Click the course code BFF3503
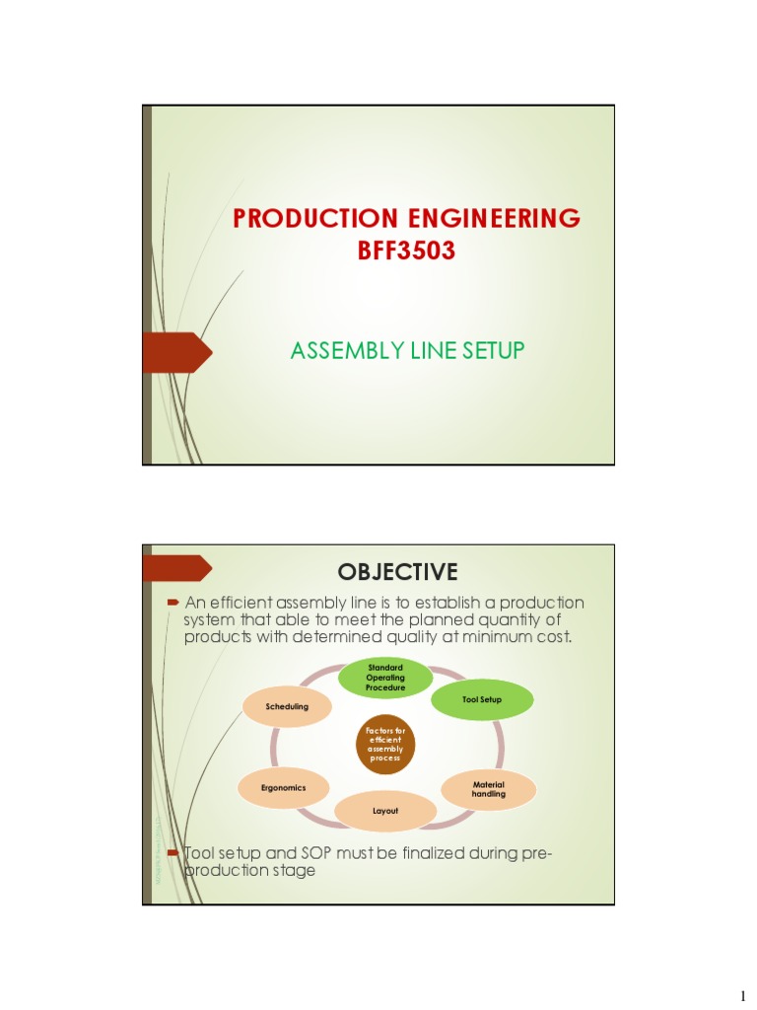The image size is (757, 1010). click(406, 251)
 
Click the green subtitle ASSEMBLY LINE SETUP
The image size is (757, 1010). click(406, 350)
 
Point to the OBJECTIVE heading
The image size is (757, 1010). click(397, 572)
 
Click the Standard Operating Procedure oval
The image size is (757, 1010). click(385, 678)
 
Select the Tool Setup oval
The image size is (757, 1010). click(482, 699)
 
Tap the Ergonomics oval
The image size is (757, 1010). click(284, 787)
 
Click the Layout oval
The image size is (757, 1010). click(384, 811)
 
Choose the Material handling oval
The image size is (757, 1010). click(489, 789)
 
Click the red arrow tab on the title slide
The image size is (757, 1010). click(177, 352)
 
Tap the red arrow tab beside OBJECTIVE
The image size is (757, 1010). click(177, 569)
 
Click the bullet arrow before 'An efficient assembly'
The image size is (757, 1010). click(172, 602)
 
